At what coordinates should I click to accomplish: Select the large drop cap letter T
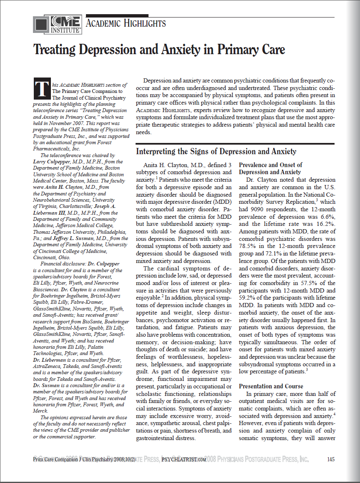40,88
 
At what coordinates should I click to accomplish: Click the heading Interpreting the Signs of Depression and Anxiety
216,151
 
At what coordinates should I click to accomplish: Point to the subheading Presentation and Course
271,386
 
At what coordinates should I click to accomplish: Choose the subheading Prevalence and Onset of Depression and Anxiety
271,168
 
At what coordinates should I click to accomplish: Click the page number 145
331,459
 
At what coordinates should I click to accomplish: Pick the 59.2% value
249,298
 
